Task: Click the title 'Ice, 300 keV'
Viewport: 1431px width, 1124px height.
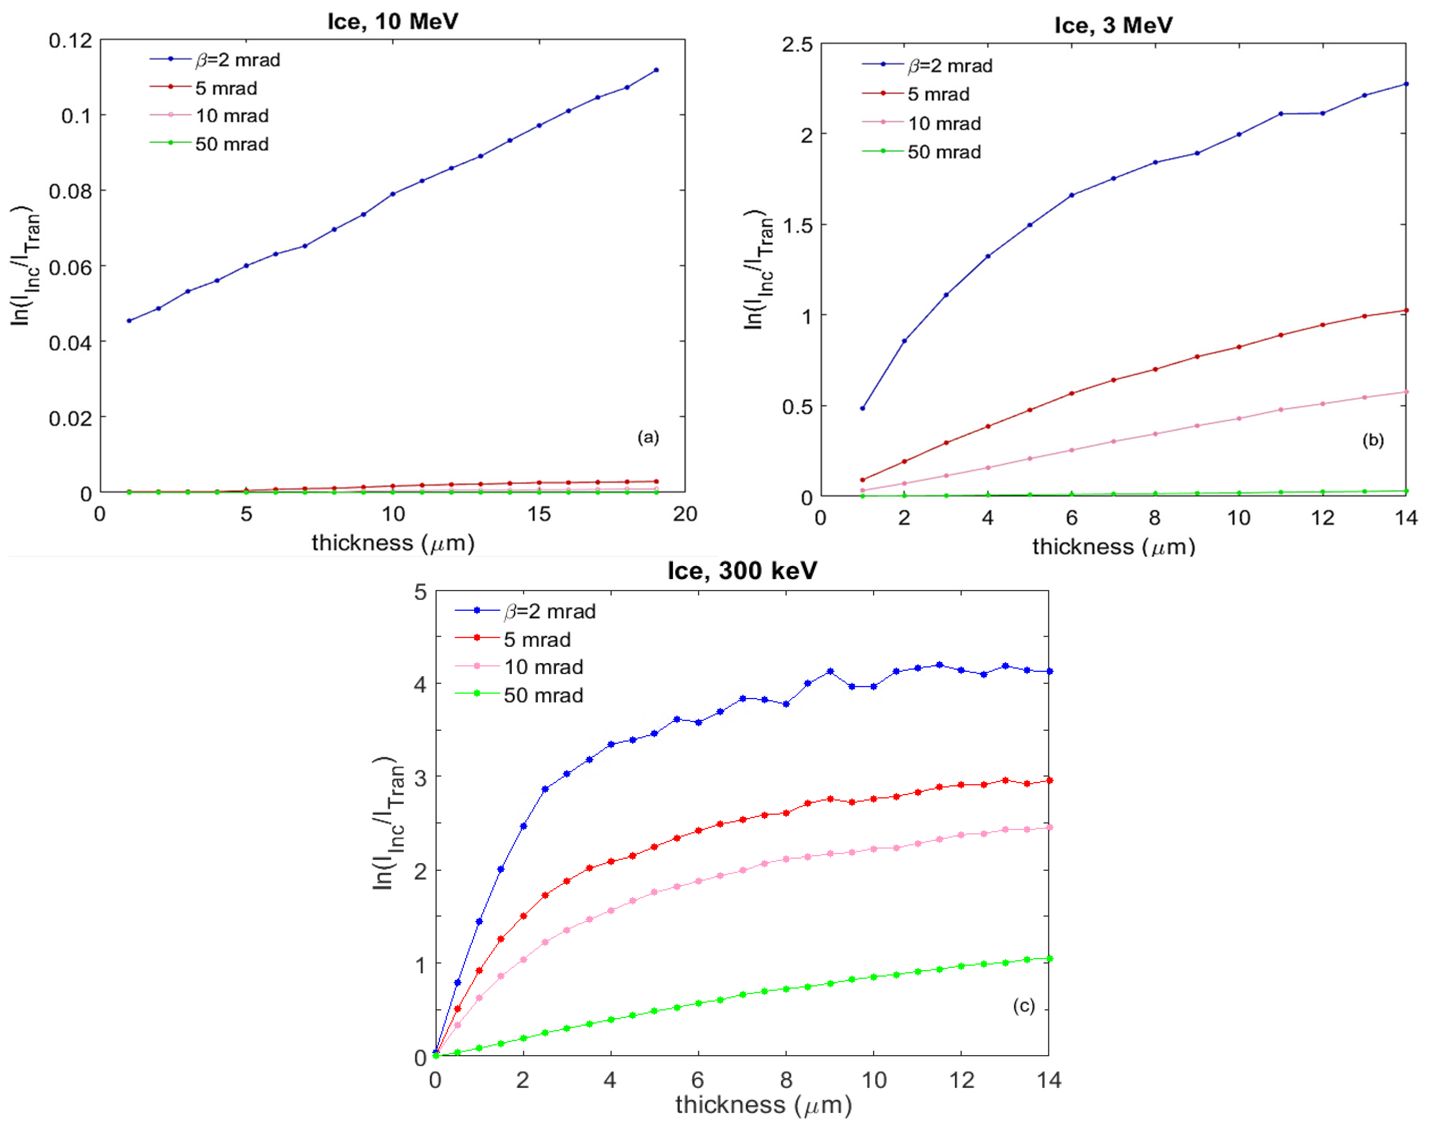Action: [x=742, y=570]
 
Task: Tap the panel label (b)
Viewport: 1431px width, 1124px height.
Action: [x=1372, y=440]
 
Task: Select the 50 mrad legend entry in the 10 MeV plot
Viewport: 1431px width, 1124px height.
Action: [x=232, y=144]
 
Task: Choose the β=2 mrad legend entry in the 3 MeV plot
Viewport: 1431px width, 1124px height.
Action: [x=950, y=66]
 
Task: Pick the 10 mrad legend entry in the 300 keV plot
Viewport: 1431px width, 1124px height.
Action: [x=543, y=667]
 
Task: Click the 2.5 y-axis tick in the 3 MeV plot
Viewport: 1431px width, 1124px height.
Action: [x=797, y=45]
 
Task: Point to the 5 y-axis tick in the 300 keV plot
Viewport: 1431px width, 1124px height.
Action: [x=420, y=592]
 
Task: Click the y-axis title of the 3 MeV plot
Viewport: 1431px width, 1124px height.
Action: [x=759, y=270]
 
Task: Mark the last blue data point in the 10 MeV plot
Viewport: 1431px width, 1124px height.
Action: [x=656, y=70]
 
